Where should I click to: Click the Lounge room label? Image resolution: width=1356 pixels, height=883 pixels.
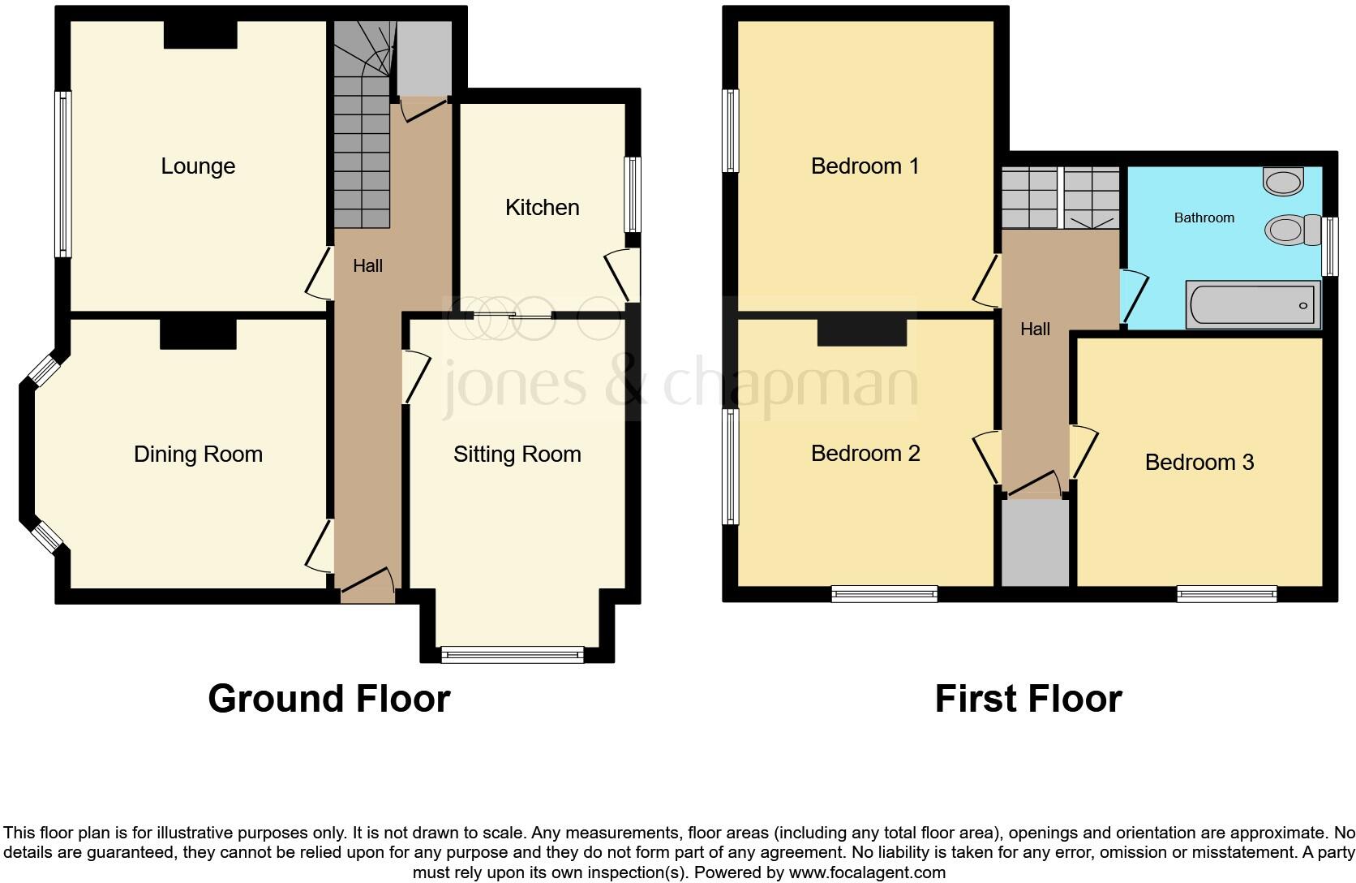pos(198,166)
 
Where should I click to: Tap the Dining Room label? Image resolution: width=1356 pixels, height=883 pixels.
pos(198,454)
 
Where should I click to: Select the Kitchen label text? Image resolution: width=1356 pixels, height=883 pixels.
pos(542,208)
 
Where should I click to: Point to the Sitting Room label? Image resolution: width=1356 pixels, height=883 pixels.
pos(517,454)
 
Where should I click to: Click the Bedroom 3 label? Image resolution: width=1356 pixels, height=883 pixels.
pos(1199,463)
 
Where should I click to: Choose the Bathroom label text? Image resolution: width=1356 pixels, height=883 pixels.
pos(1204,218)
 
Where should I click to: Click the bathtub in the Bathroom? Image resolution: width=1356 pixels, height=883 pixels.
pos(1252,305)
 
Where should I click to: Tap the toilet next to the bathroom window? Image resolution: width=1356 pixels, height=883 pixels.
pos(1289,230)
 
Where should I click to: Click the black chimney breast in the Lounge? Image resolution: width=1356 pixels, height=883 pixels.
pos(200,35)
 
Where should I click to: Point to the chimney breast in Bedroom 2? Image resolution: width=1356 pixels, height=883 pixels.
pos(861,332)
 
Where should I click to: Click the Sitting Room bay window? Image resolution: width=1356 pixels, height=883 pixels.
pos(513,653)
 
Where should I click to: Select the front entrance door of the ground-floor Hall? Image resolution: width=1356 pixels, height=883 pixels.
pos(367,587)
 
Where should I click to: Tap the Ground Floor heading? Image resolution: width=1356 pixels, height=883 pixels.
pos(328,699)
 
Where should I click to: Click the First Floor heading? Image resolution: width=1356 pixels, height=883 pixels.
pos(1028,699)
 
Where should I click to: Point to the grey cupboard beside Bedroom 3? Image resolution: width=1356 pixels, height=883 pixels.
pos(1035,542)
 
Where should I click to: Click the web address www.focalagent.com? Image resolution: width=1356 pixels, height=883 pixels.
pos(867,873)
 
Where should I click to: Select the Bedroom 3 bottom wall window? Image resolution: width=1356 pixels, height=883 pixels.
pos(1226,594)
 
